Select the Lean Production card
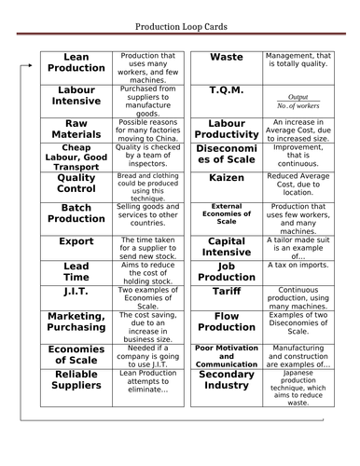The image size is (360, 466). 76,63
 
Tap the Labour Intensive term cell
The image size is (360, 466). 76,96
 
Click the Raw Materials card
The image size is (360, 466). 76,129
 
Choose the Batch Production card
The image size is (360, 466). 76,213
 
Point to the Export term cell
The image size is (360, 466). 76,241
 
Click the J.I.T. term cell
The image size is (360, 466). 76,293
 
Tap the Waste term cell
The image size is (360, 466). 227,58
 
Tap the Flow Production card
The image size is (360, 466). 227,322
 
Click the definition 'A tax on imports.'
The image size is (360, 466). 298,291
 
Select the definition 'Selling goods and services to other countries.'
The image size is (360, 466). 148,217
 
